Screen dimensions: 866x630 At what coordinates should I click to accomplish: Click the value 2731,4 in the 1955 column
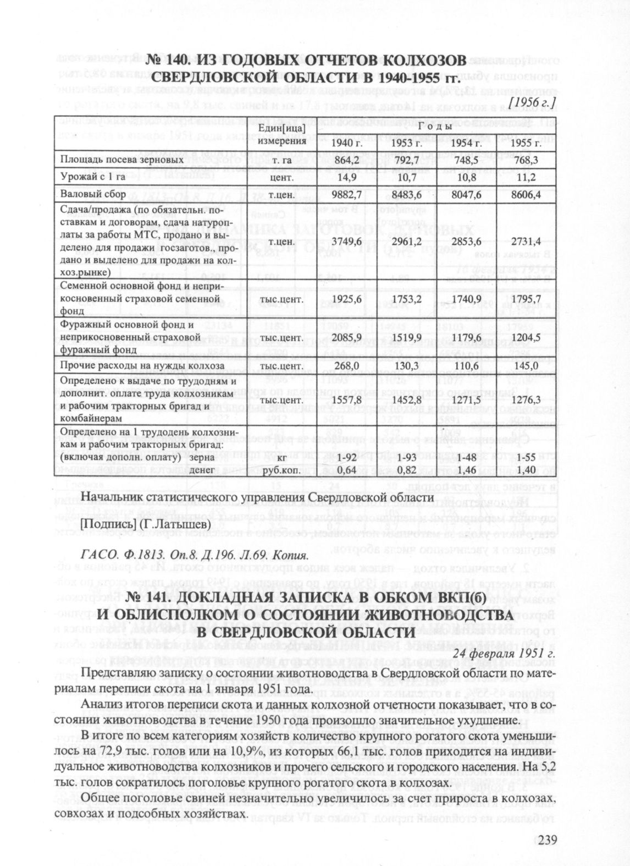click(526, 241)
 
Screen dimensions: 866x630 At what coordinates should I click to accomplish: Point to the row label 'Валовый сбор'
click(93, 195)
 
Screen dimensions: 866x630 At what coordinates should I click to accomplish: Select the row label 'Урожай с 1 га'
click(93, 178)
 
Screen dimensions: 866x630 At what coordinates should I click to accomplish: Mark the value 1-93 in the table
click(407, 457)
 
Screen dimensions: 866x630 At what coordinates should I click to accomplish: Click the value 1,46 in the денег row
click(466, 470)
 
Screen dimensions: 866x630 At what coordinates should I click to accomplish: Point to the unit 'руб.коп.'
click(280, 470)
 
